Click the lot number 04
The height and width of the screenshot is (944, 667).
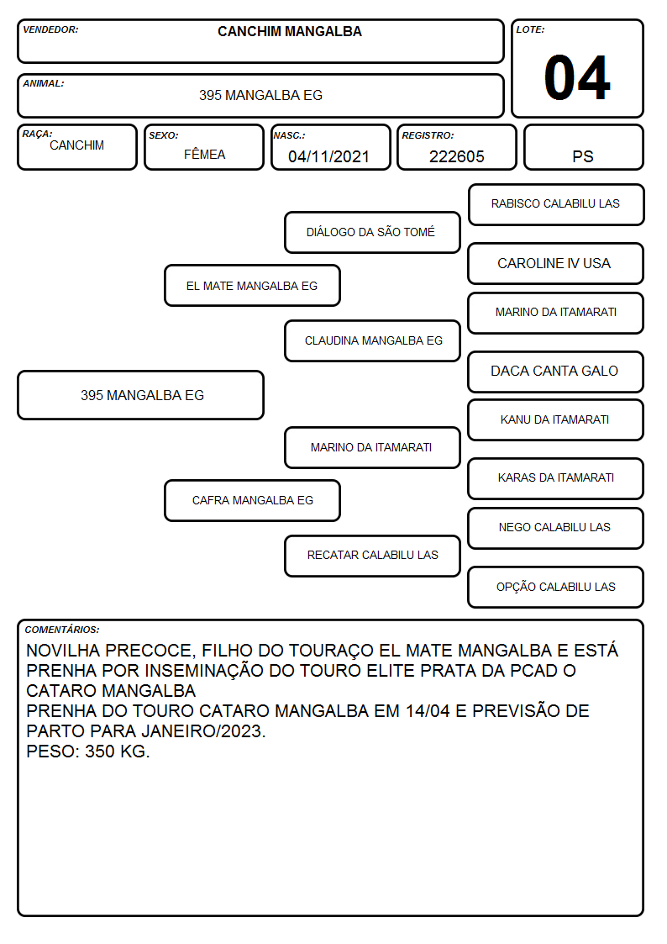[577, 77]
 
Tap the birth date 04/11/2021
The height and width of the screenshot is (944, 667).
[328, 156]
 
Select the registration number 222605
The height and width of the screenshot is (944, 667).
[456, 156]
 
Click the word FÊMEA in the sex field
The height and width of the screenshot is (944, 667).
[204, 154]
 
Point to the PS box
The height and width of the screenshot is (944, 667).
[583, 147]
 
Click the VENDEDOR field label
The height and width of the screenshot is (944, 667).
[50, 29]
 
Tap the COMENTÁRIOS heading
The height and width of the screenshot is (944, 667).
[62, 630]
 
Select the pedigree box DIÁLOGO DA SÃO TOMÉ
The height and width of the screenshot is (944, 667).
[372, 232]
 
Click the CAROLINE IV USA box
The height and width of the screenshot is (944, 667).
[556, 264]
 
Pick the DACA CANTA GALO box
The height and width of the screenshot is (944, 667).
[556, 372]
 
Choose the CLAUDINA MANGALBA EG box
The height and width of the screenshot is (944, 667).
[372, 340]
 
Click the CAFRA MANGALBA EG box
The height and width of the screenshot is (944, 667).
[252, 500]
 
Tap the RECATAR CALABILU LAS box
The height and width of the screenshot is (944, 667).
[372, 556]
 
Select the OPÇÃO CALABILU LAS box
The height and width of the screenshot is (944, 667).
[556, 587]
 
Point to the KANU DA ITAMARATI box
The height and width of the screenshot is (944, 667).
[556, 419]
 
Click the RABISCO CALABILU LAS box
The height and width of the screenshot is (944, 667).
[556, 205]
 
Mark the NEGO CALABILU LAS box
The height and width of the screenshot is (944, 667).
[556, 528]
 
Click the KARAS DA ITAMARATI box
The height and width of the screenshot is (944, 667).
[556, 478]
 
